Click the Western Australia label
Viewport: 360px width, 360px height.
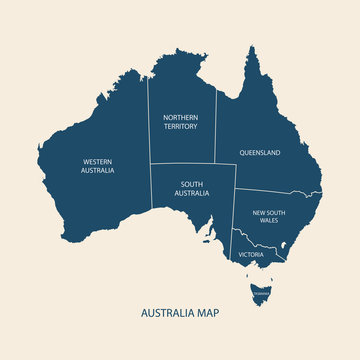[x=99, y=166]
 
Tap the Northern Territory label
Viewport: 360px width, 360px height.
[x=181, y=122]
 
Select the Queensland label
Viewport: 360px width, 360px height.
[x=259, y=153]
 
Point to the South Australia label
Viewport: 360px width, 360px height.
[x=194, y=188]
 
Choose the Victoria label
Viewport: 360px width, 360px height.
[x=251, y=255]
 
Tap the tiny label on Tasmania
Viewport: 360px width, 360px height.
[x=260, y=293]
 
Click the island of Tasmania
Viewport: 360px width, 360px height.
[x=260, y=294]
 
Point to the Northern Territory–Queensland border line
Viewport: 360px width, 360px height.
[x=216, y=130]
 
